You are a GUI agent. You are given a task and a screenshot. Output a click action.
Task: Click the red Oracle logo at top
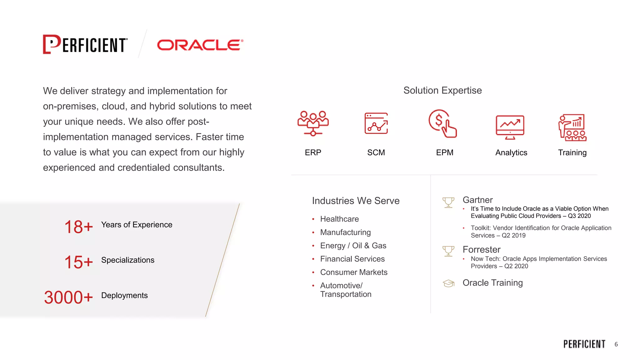[x=200, y=45]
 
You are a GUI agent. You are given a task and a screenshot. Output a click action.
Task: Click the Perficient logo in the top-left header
[x=85, y=44]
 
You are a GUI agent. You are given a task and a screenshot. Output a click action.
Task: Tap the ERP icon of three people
[x=313, y=123]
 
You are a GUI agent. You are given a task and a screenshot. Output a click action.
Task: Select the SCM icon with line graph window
[x=376, y=123]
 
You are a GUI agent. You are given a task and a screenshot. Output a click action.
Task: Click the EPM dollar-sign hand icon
[x=442, y=123]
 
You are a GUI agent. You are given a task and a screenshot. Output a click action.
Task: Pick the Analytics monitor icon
[x=510, y=127]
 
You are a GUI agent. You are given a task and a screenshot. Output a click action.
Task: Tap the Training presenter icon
[x=572, y=127]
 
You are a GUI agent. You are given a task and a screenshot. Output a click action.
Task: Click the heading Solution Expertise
[x=442, y=90]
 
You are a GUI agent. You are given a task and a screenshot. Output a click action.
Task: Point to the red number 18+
[x=78, y=227]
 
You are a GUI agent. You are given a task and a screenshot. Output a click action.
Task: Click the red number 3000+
[x=68, y=297]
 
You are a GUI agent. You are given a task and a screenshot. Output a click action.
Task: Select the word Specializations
[x=127, y=260]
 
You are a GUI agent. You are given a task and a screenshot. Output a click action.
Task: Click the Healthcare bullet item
[x=339, y=219]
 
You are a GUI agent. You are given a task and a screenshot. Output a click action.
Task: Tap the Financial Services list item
[x=352, y=259]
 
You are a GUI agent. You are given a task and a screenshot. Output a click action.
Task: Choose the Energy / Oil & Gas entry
[x=353, y=246]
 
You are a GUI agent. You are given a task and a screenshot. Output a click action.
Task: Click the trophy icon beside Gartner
[x=448, y=202]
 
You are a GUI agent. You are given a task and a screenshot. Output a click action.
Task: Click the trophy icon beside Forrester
[x=448, y=251]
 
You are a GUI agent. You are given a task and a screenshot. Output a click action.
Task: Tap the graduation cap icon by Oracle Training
[x=448, y=283]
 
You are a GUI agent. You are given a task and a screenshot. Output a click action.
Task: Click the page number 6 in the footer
[x=616, y=344]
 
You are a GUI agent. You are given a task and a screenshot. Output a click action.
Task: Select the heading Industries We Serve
[x=356, y=201]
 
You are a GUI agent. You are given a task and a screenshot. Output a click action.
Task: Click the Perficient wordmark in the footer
[x=584, y=344]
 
